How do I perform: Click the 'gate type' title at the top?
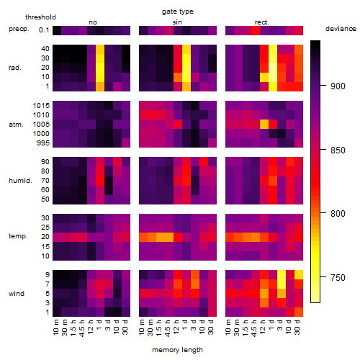[x=178, y=12]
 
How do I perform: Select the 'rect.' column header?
[x=262, y=22]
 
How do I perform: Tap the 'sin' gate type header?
[x=177, y=22]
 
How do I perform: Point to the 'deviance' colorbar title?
[x=341, y=29]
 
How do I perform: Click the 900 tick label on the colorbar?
[x=338, y=86]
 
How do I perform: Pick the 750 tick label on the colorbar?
[x=338, y=278]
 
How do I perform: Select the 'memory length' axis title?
[x=177, y=350]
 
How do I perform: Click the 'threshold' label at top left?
[x=40, y=17]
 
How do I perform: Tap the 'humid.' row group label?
[x=20, y=181]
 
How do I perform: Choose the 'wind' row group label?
[x=17, y=294]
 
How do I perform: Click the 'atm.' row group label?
[x=16, y=125]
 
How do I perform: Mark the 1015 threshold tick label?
[x=41, y=106]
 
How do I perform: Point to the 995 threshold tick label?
[x=43, y=143]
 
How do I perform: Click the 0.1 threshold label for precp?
[x=44, y=30]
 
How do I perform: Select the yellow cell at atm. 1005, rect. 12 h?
[x=264, y=125]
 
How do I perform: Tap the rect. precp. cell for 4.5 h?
[x=256, y=31]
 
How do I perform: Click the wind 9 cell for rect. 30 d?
[x=299, y=275]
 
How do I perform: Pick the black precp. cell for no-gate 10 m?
[x=57, y=31]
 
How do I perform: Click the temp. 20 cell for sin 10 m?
[x=143, y=237]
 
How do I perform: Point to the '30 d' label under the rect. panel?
[x=297, y=327]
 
